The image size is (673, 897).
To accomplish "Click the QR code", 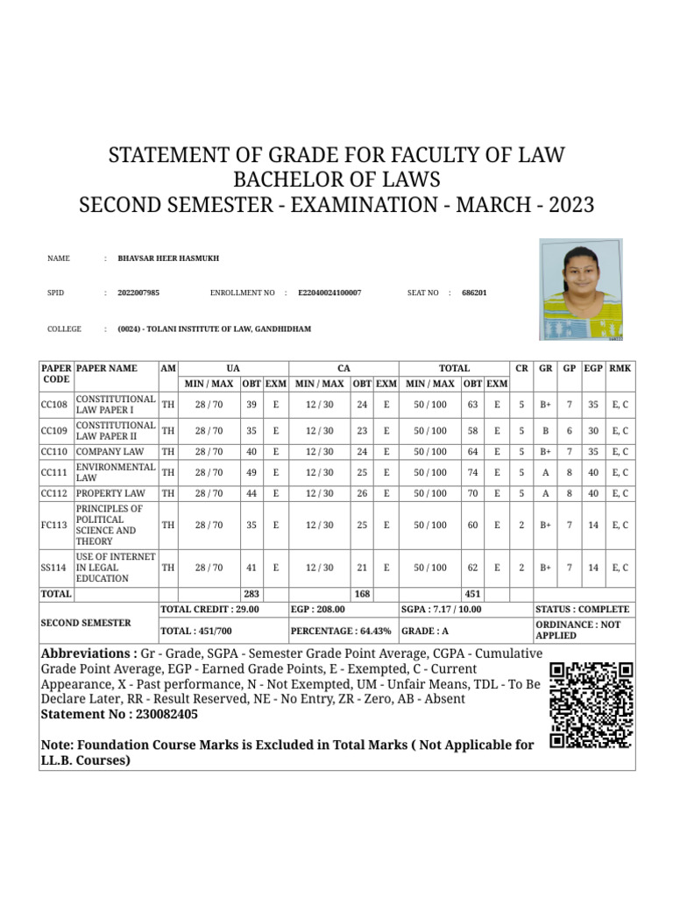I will [592, 705].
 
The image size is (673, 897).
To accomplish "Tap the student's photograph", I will [581, 289].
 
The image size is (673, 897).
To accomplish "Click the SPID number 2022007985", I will [138, 293].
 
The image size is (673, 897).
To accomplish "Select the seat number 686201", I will [474, 293].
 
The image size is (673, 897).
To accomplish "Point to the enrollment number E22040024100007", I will [329, 293].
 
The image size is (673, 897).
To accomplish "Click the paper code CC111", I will [54, 473].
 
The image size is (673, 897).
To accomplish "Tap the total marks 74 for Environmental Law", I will [473, 473].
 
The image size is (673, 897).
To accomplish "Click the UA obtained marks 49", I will [251, 473].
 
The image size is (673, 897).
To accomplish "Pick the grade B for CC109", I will [546, 431].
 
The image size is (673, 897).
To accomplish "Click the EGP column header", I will [594, 369].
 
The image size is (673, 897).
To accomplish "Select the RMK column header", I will [620, 369].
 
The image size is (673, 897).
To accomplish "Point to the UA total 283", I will [251, 594].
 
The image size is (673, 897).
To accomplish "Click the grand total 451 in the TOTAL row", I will [473, 594].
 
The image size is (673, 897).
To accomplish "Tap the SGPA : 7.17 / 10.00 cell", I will [442, 609].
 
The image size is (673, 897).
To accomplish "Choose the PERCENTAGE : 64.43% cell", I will [341, 630].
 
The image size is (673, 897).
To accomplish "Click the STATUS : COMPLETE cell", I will [582, 609].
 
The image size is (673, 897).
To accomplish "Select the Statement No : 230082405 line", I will [119, 714].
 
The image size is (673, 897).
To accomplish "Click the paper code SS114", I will [54, 568].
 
